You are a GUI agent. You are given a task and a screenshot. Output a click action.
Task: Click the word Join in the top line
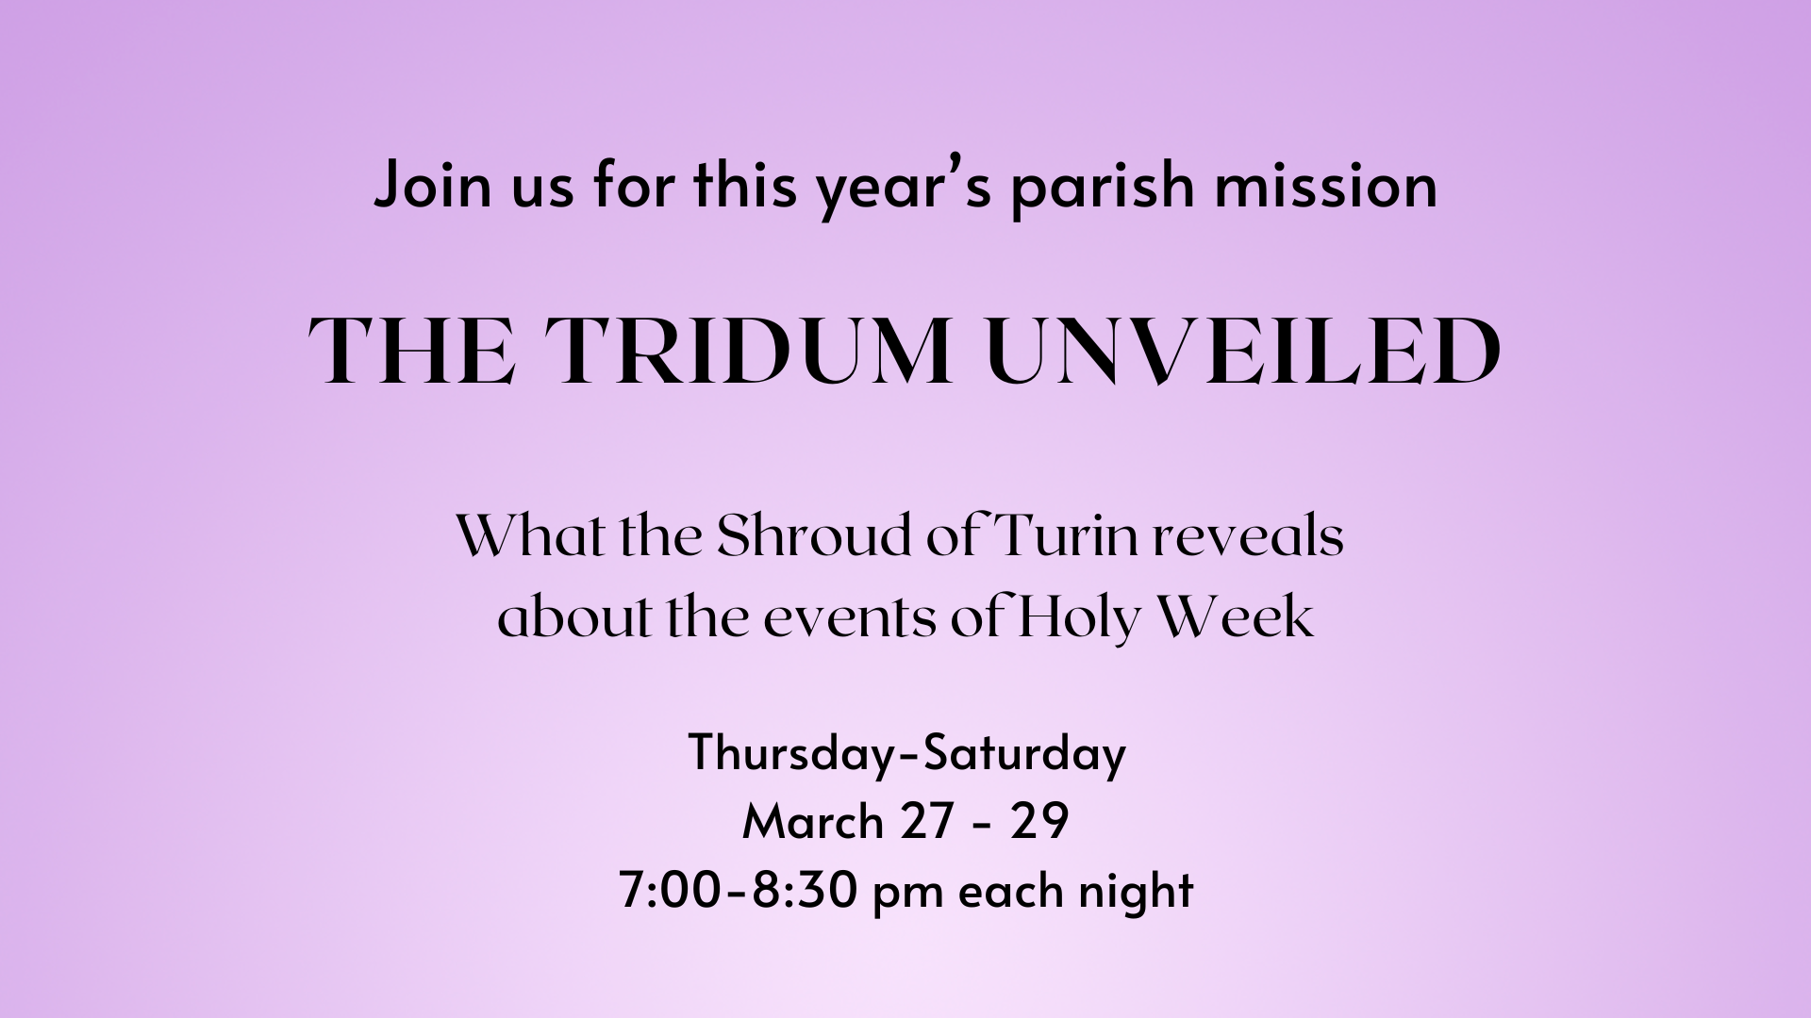[433, 186]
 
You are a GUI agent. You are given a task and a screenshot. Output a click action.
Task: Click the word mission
[1325, 186]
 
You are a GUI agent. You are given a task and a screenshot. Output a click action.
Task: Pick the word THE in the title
[412, 352]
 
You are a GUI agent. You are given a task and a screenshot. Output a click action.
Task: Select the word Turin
[1069, 536]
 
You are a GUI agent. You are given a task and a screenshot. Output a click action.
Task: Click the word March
[812, 821]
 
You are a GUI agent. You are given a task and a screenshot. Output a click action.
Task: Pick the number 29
[1039, 822]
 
